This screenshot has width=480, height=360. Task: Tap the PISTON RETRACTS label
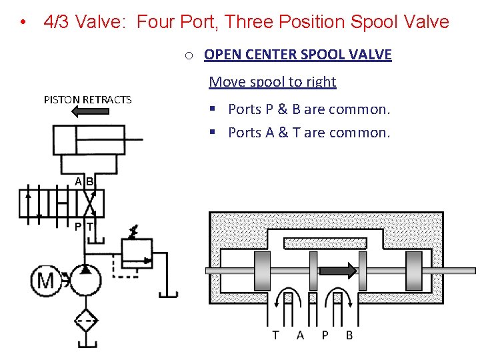pyautogui.click(x=87, y=99)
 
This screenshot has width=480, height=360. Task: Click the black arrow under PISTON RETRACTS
pyautogui.click(x=93, y=111)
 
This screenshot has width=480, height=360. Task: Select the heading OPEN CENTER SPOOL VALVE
pyautogui.click(x=297, y=55)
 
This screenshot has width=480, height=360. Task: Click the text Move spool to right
pyautogui.click(x=272, y=82)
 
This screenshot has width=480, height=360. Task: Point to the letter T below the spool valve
pyautogui.click(x=275, y=335)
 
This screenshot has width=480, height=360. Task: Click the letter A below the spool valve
pyautogui.click(x=300, y=335)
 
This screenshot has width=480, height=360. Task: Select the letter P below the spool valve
pyautogui.click(x=325, y=335)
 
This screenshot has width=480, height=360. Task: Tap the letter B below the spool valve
pyautogui.click(x=349, y=335)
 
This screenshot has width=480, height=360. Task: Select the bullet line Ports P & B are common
pyautogui.click(x=309, y=109)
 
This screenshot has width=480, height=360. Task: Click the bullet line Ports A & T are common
pyautogui.click(x=309, y=133)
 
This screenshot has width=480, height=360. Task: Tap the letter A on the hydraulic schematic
pyautogui.click(x=79, y=181)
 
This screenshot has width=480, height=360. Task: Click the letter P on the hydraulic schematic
pyautogui.click(x=79, y=227)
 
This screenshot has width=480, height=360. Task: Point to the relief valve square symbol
pyautogui.click(x=137, y=253)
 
